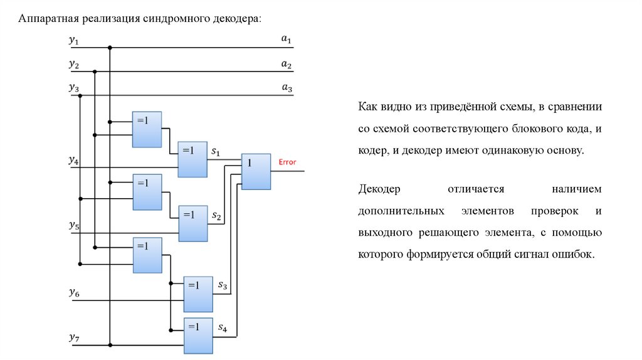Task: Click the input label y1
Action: tap(74, 41)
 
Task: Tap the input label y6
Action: tap(74, 293)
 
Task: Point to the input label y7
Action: tap(74, 339)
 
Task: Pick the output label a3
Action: tap(287, 88)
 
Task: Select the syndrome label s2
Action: tap(216, 216)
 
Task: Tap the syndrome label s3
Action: tap(223, 286)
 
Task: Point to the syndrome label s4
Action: tap(223, 327)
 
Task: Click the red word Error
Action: tap(287, 162)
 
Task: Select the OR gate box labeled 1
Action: tap(256, 171)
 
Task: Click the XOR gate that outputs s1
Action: tap(192, 159)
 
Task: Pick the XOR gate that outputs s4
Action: tap(198, 334)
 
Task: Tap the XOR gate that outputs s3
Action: tap(198, 294)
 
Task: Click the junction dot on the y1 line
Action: tap(110, 47)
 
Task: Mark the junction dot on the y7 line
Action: tap(110, 345)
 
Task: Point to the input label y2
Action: tap(74, 65)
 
